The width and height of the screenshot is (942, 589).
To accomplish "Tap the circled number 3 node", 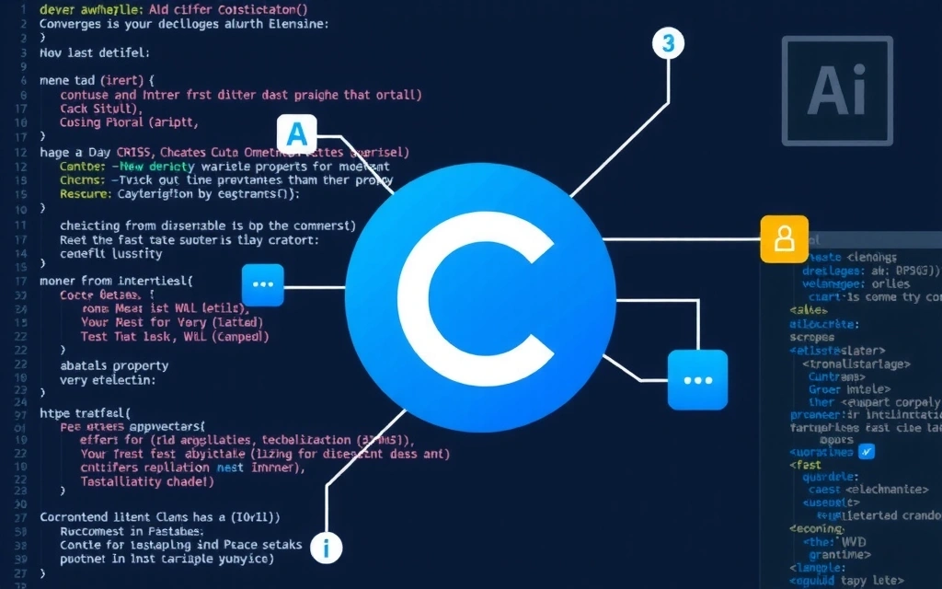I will [x=668, y=43].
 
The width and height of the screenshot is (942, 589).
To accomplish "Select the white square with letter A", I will [x=295, y=134].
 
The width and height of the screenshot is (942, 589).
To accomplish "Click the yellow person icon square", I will [x=784, y=239].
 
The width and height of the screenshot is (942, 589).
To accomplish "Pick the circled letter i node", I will [x=326, y=548].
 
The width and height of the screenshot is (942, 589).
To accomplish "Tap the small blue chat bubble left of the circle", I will [x=263, y=284].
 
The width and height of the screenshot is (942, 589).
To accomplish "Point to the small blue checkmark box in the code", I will [x=866, y=451].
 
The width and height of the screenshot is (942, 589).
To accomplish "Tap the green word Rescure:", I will [x=86, y=194].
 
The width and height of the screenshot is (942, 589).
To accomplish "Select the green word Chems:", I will [x=83, y=180].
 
